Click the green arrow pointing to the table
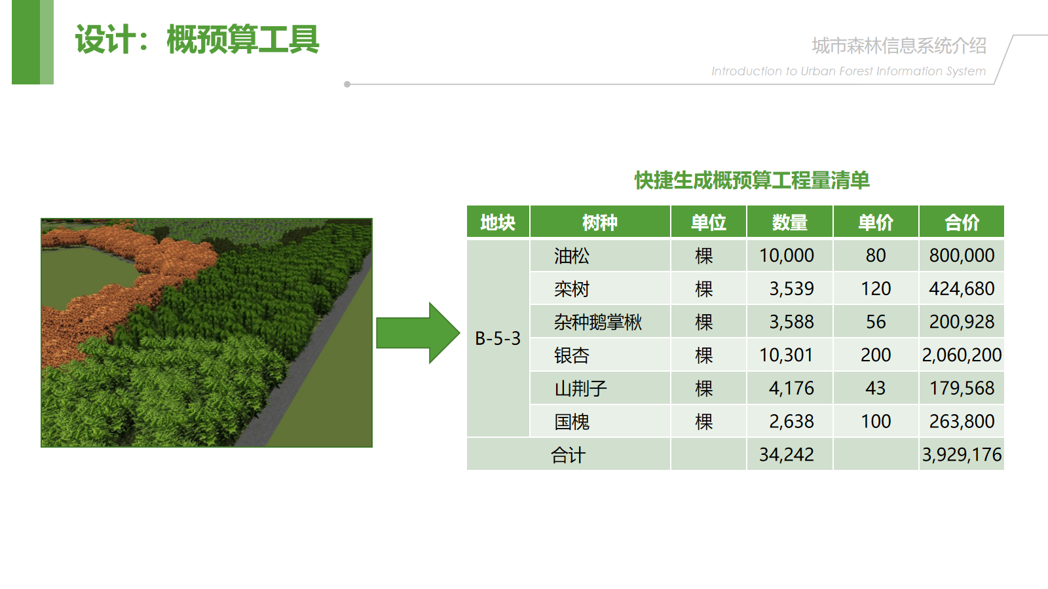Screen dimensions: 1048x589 (x=418, y=333)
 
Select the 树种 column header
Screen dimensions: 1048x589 (x=600, y=222)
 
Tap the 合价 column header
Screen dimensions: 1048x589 (x=962, y=222)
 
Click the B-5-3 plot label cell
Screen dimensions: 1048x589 (x=498, y=338)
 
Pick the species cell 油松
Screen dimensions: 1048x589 (x=572, y=256)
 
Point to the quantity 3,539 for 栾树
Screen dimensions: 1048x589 (x=792, y=289)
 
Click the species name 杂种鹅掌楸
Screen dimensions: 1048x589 (x=598, y=322)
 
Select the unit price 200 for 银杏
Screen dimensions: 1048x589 (x=876, y=355)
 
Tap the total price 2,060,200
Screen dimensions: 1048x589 (x=962, y=355)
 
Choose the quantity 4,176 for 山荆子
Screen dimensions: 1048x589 (x=792, y=389)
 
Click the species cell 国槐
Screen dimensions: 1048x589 (x=572, y=421)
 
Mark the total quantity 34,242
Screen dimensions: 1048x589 (x=787, y=455)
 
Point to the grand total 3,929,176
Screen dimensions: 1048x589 (x=962, y=455)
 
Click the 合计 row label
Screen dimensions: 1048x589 (x=568, y=455)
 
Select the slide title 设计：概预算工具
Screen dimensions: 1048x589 (x=197, y=39)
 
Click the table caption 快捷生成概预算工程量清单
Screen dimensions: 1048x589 (x=752, y=181)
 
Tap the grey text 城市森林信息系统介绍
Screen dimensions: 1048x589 (x=899, y=46)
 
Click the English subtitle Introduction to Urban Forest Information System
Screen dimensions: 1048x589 (x=849, y=71)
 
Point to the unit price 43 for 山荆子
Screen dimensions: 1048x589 (x=875, y=389)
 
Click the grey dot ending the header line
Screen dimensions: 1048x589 (x=347, y=84)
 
